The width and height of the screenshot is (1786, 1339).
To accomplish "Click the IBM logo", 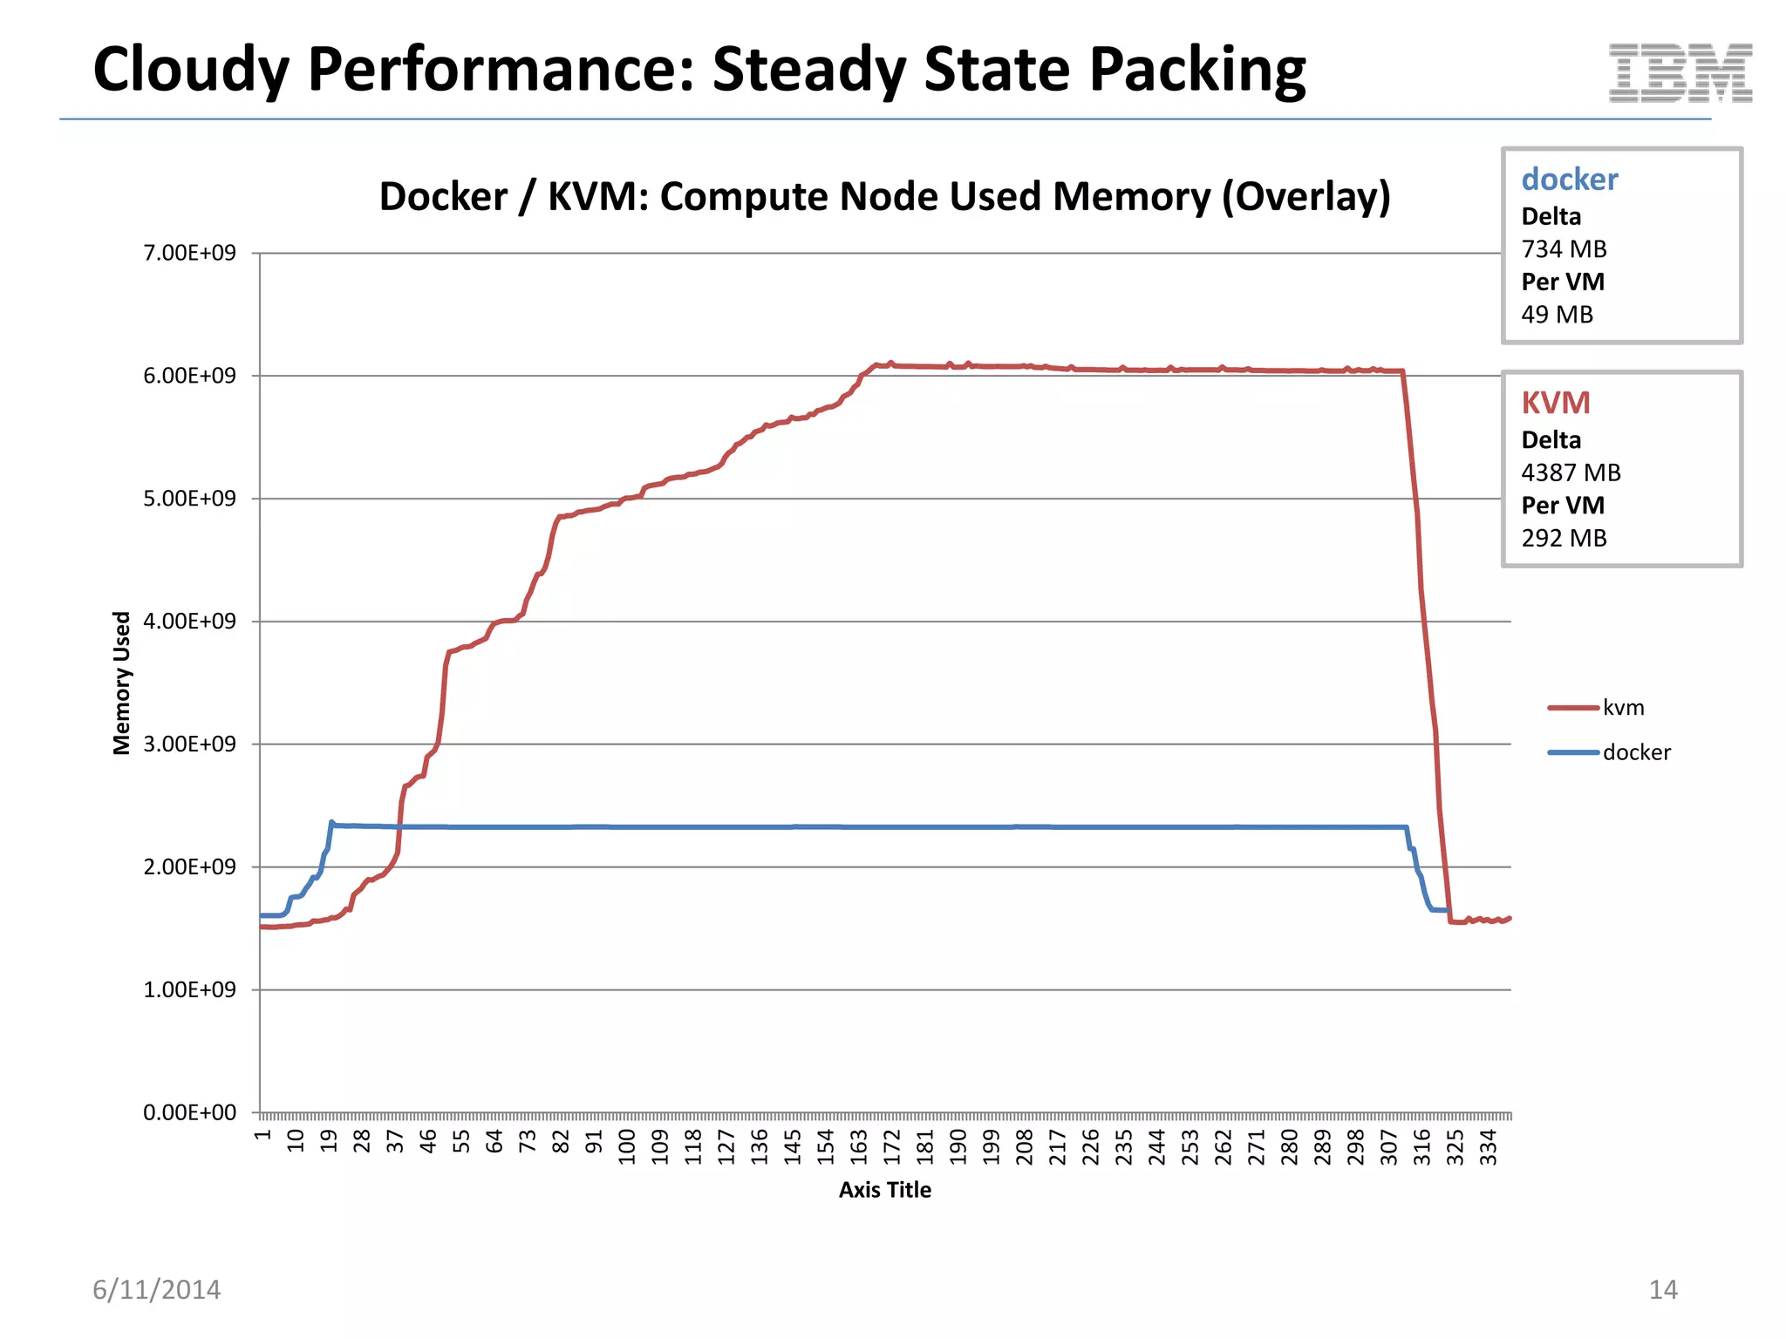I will pyautogui.click(x=1680, y=73).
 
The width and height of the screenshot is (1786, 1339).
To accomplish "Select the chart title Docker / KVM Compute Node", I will pyautogui.click(x=884, y=197).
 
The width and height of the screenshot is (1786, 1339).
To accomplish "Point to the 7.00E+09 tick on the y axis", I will pyautogui.click(x=189, y=253).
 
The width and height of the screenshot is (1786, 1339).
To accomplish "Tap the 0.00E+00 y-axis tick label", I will pyautogui.click(x=189, y=1112).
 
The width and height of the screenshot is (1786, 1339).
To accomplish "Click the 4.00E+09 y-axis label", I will pyautogui.click(x=189, y=622).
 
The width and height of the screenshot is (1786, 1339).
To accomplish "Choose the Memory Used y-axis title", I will pyautogui.click(x=122, y=683).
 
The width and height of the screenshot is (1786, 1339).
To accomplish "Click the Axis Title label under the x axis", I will pyautogui.click(x=884, y=1190).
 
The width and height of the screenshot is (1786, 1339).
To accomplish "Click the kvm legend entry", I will pyautogui.click(x=1622, y=708).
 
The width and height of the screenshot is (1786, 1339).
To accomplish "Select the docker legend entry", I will pyautogui.click(x=1635, y=752).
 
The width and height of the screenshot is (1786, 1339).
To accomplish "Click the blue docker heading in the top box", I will pyautogui.click(x=1569, y=180).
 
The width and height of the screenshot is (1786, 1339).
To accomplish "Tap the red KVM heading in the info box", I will pyautogui.click(x=1556, y=403).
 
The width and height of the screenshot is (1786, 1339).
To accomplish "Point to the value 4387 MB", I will pyautogui.click(x=1571, y=472).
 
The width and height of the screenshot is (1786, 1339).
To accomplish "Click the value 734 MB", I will pyautogui.click(x=1564, y=249).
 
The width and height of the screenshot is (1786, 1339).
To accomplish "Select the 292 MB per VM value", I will pyautogui.click(x=1564, y=538).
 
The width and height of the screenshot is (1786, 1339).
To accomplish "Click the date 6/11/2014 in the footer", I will pyautogui.click(x=157, y=1289).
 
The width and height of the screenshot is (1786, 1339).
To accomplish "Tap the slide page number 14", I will pyautogui.click(x=1662, y=1289).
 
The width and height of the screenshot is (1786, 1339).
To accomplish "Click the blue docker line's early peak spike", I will pyautogui.click(x=331, y=822).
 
